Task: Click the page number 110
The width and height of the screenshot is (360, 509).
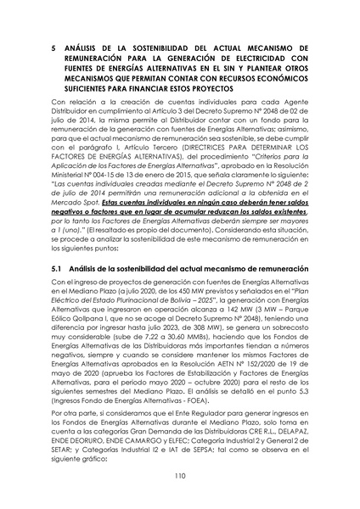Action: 179,478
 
